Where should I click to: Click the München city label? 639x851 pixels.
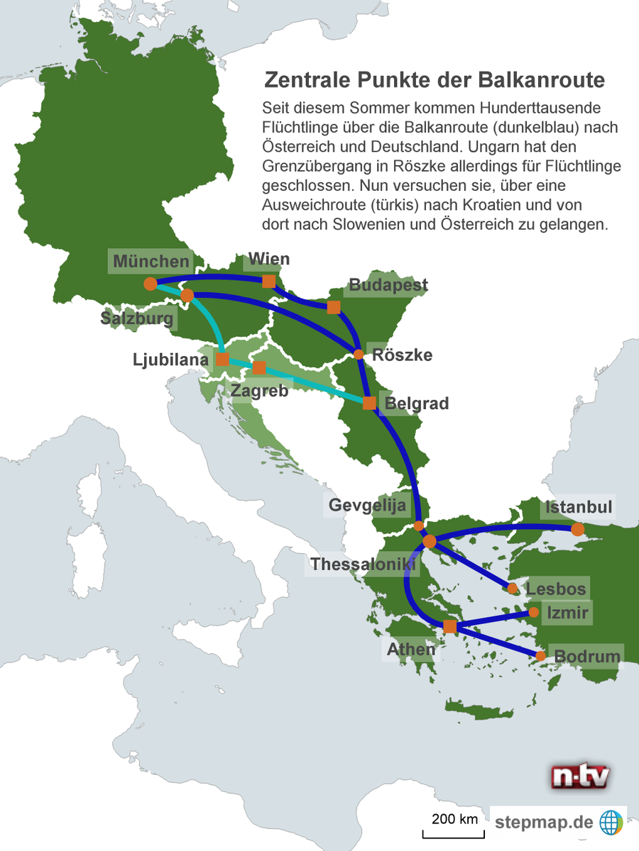(151, 261)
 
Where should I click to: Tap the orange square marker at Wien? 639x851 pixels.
(269, 282)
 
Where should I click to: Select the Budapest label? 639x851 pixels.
(388, 285)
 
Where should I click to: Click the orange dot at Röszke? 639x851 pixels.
(359, 354)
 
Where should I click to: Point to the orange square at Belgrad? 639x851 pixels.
(369, 404)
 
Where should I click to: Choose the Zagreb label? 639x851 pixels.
(259, 390)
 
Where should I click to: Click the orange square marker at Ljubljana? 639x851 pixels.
(222, 360)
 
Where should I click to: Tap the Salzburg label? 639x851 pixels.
(137, 318)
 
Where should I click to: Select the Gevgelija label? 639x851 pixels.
(367, 506)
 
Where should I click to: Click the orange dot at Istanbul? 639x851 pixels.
(578, 529)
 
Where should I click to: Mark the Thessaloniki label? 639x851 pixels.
(362, 564)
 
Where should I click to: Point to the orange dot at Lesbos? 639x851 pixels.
(513, 589)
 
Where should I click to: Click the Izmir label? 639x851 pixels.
(567, 611)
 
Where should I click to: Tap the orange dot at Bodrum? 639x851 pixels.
(541, 656)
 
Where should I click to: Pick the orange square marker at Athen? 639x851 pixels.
(449, 627)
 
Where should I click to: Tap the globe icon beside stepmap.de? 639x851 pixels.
(611, 823)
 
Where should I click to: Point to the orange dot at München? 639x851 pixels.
(150, 284)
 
